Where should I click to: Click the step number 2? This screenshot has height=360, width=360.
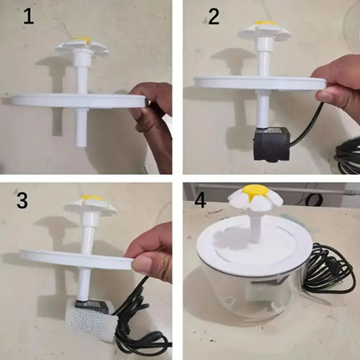tap(213, 17)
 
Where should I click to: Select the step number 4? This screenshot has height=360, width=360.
tap(200, 202)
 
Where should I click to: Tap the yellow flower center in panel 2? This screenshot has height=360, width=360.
tap(263, 23)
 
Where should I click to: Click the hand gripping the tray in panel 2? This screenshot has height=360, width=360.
tap(340, 82)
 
